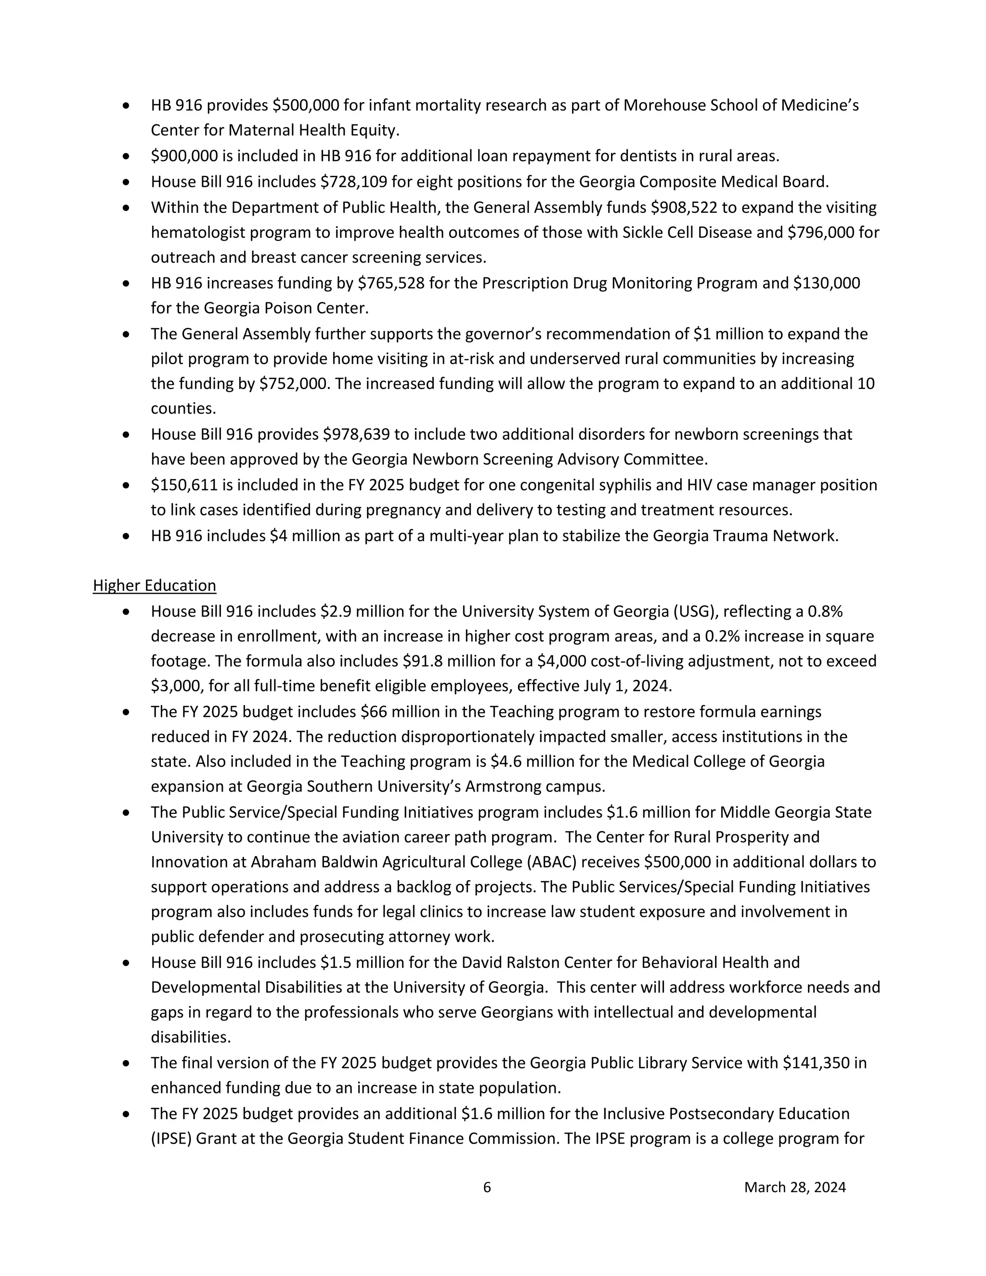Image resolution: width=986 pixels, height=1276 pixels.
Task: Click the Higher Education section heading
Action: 154,586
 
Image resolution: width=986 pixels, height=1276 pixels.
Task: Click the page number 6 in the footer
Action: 487,1187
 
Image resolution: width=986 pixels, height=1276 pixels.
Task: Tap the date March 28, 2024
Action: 794,1187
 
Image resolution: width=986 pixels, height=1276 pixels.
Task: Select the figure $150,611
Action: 184,485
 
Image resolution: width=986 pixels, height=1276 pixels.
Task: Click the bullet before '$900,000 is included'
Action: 126,156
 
